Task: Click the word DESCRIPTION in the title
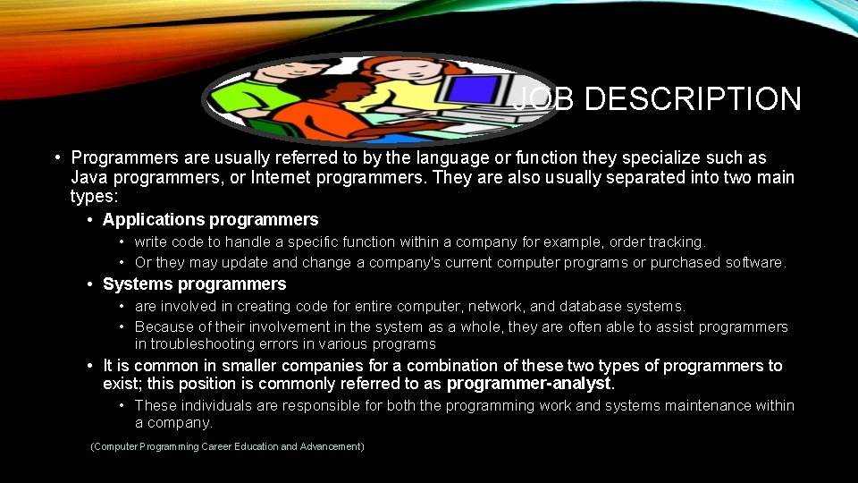click(693, 99)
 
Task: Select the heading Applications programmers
click(210, 220)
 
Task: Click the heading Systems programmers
click(194, 284)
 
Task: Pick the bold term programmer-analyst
click(529, 384)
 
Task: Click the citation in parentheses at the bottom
click(228, 446)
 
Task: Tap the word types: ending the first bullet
click(94, 196)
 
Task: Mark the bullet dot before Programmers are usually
click(56, 158)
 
